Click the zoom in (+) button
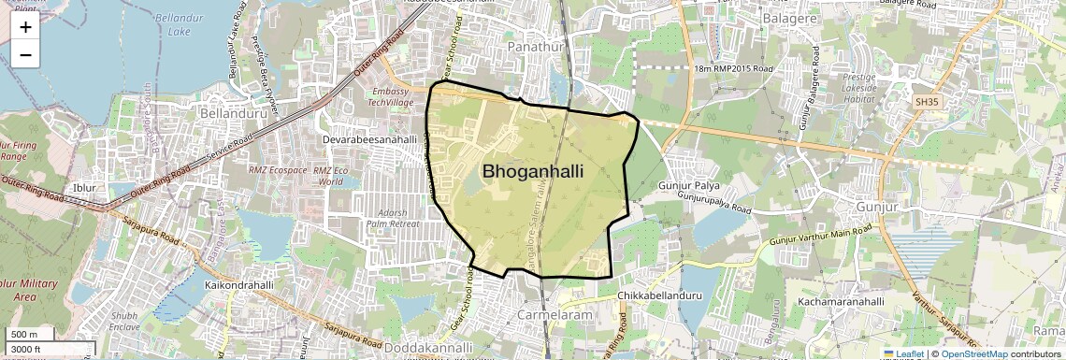[25, 26]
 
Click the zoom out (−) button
[25, 54]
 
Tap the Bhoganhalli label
[533, 171]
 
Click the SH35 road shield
[926, 100]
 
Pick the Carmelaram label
[555, 315]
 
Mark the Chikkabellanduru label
[660, 296]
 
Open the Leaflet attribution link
[904, 353]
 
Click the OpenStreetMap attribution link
[974, 353]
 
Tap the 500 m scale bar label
[23, 335]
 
